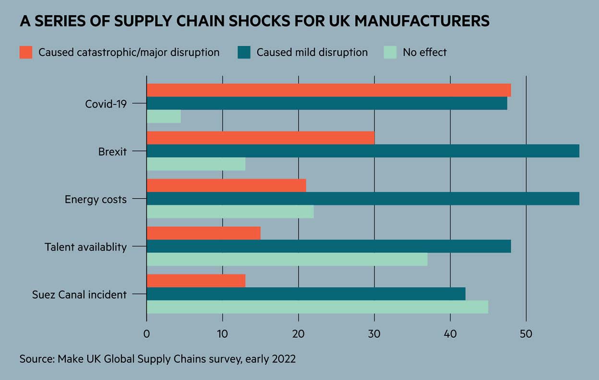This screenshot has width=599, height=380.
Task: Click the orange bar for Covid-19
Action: (328, 90)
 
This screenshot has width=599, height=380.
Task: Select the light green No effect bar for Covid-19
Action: (164, 117)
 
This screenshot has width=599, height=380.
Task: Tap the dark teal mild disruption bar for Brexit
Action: (362, 151)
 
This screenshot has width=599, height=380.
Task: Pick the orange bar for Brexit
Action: (260, 138)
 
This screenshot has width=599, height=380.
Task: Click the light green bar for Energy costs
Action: (230, 212)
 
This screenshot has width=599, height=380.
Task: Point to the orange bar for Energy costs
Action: (226, 185)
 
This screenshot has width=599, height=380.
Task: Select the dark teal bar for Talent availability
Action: (328, 246)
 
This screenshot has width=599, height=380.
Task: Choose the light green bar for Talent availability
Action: (287, 259)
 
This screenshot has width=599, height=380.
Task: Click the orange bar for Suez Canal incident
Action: (196, 281)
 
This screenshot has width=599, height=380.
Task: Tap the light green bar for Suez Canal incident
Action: (317, 307)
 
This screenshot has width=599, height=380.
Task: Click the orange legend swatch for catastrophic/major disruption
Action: (26, 52)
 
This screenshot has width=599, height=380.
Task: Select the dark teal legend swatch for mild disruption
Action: (244, 52)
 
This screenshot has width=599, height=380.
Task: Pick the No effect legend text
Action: (425, 52)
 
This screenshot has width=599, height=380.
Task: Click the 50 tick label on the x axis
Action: (526, 334)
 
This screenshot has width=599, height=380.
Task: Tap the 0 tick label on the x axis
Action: (146, 334)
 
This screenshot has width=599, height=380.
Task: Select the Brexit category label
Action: (112, 152)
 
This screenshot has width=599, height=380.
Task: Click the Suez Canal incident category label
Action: (79, 295)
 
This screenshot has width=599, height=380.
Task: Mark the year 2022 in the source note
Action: (283, 359)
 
